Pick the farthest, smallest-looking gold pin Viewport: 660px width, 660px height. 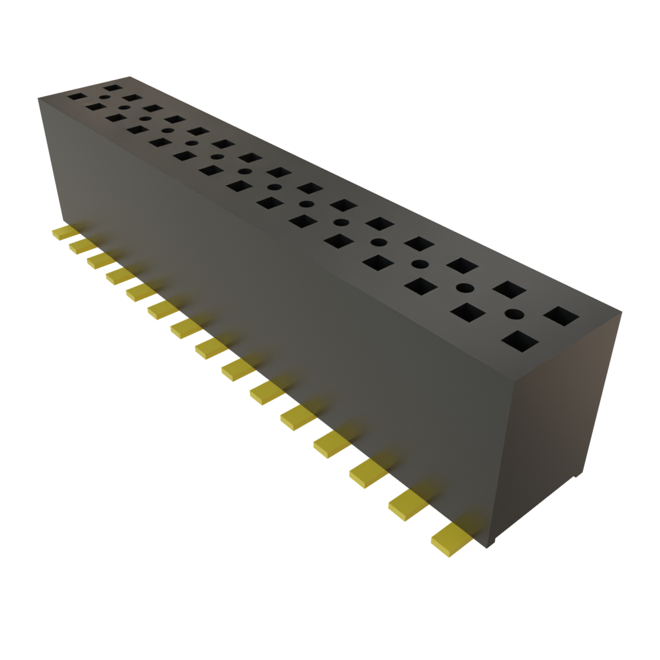(x=64, y=231)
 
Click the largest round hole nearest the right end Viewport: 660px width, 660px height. (x=514, y=315)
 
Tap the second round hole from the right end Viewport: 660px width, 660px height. (x=463, y=287)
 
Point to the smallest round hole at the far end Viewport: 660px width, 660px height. (x=122, y=108)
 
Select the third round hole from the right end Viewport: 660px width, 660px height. (x=420, y=264)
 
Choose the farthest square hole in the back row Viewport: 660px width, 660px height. (x=112, y=86)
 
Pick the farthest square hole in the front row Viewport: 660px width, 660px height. (x=77, y=97)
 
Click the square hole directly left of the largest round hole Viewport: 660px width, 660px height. (x=469, y=314)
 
